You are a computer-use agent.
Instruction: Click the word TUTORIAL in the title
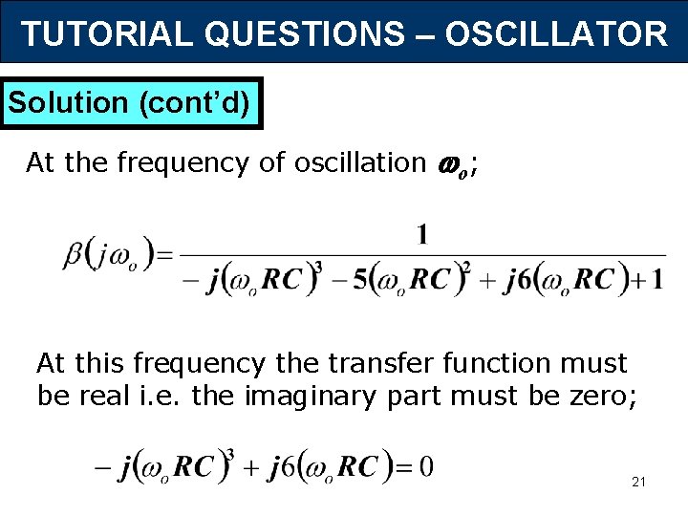click(x=106, y=34)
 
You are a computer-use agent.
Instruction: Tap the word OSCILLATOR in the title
click(x=555, y=34)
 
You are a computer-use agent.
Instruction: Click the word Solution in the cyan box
click(x=68, y=102)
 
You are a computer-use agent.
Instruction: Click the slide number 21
click(x=639, y=482)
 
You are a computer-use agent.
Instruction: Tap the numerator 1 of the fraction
click(x=421, y=234)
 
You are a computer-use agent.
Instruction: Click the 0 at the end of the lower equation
click(x=426, y=467)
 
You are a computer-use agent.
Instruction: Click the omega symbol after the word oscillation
click(x=446, y=164)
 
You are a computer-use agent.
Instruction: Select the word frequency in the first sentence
click(x=182, y=163)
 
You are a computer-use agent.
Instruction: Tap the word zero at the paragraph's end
click(x=598, y=395)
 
